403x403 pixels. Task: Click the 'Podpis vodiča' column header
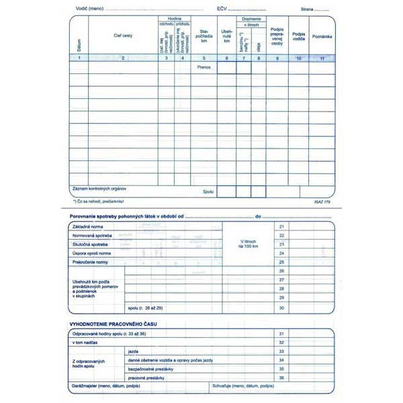(x=300, y=36)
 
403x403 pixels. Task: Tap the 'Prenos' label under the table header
(x=205, y=67)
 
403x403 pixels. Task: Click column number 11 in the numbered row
(x=322, y=58)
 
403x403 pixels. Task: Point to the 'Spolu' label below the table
(x=208, y=191)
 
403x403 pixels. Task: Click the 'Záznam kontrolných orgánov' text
(x=99, y=189)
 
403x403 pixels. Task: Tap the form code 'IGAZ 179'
(x=322, y=201)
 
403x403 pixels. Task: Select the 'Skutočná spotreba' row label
(x=91, y=244)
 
